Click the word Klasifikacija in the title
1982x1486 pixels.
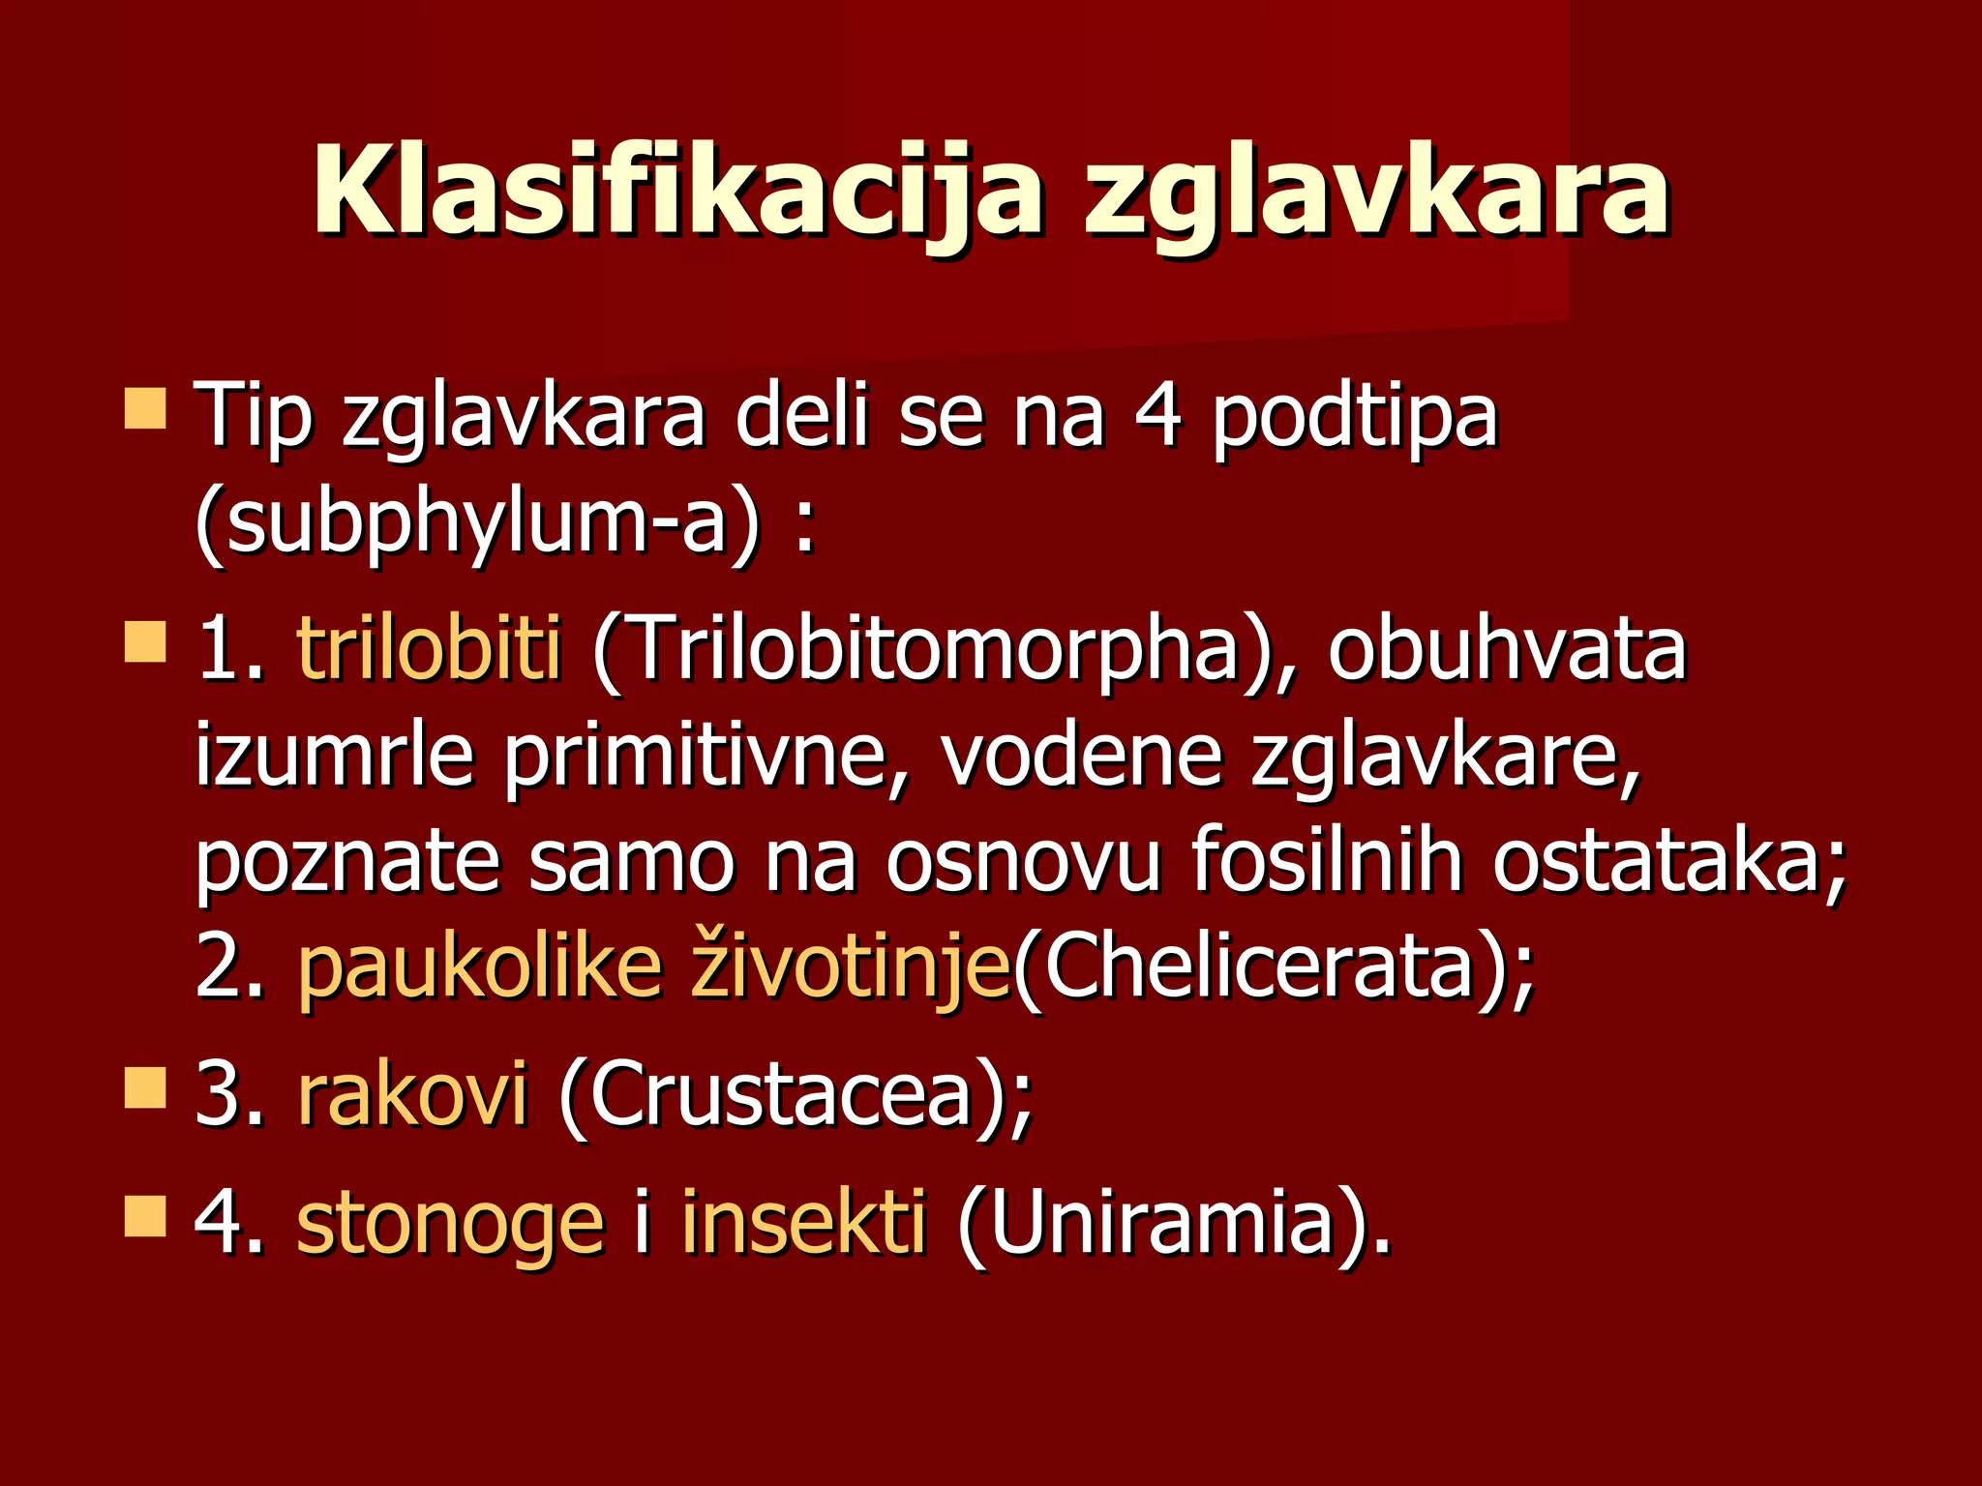677,193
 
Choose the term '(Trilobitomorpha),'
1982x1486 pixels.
944,650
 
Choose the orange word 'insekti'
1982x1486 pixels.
803,1223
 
